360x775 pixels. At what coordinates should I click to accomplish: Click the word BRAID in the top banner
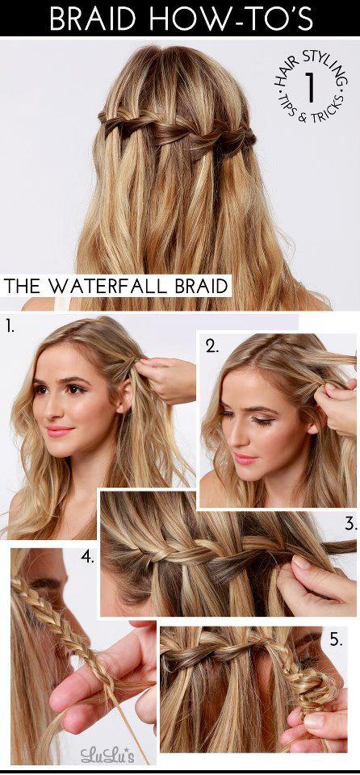92,18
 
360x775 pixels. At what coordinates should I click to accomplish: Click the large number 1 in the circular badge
310,86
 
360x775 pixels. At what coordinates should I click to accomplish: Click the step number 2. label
212,346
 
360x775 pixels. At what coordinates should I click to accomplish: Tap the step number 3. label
350,523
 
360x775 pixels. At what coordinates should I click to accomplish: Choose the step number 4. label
87,558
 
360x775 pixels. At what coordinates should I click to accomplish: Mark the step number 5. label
337,640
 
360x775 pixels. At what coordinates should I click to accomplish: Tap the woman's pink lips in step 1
60,431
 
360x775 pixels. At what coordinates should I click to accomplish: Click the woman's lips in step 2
247,459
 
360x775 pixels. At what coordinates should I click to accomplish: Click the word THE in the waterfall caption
24,286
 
